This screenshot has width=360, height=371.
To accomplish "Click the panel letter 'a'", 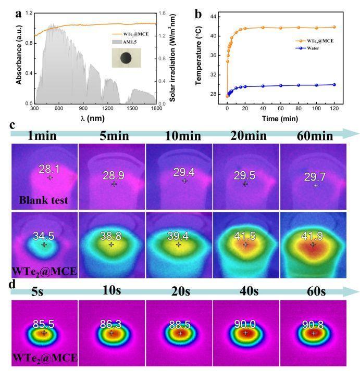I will (18, 14).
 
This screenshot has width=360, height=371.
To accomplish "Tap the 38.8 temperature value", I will (111, 235).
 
